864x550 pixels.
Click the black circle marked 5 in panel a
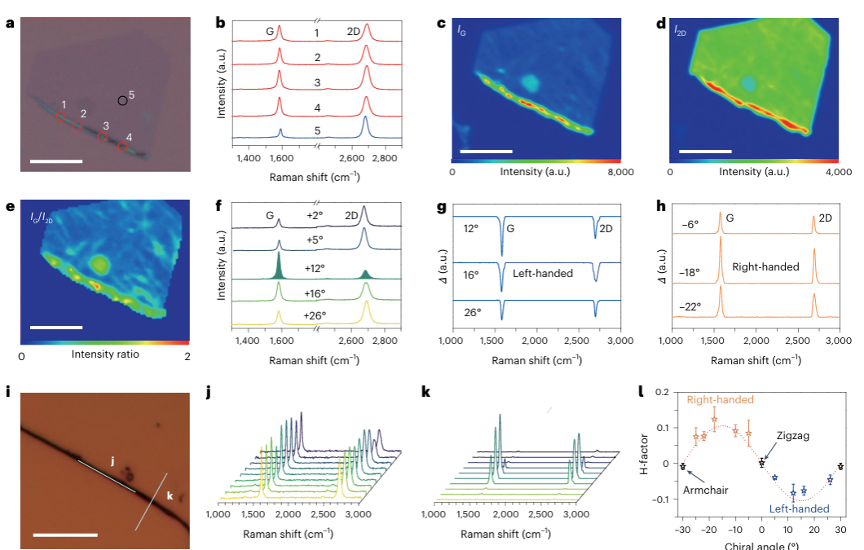tap(122, 100)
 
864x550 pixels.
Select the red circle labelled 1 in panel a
tap(61, 117)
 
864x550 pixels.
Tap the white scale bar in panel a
tap(56, 161)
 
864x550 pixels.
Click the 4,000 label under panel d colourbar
tap(839, 173)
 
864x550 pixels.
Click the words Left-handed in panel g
tap(543, 274)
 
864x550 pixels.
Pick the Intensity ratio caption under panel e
tap(104, 355)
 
